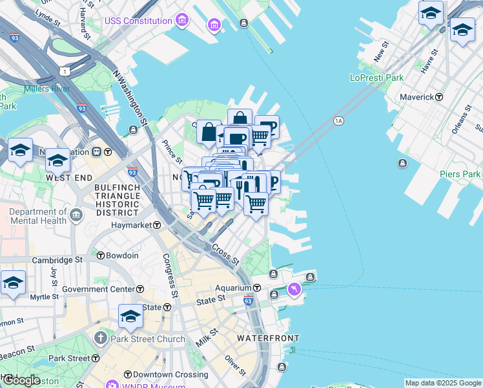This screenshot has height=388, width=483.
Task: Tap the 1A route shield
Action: point(338,121)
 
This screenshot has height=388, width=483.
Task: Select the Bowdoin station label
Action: point(122,255)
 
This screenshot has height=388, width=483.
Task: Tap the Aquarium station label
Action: point(233,288)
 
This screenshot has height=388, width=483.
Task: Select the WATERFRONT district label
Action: point(267,338)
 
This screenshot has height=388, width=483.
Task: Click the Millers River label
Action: point(46,88)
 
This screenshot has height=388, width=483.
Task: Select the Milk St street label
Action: point(203,336)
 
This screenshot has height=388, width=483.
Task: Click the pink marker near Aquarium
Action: point(294,288)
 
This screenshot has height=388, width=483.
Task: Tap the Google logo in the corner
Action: point(21,380)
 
